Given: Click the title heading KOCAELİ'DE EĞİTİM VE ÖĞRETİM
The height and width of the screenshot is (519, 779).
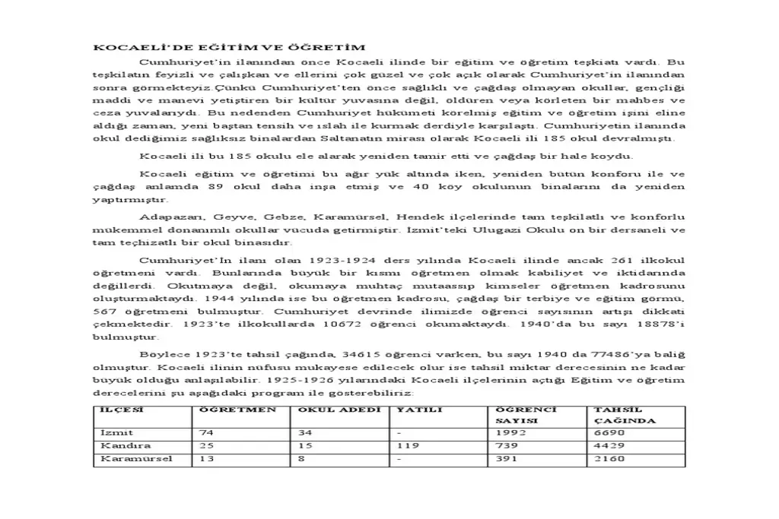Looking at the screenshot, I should (x=229, y=47).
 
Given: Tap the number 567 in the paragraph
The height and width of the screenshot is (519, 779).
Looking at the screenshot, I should (x=103, y=312).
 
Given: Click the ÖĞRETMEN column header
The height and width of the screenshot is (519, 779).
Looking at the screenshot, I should (x=237, y=410).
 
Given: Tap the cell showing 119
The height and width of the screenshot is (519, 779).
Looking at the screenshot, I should (x=408, y=445).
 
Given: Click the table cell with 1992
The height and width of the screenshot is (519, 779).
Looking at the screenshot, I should (x=511, y=432).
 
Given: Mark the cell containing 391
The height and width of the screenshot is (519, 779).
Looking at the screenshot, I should (x=507, y=458).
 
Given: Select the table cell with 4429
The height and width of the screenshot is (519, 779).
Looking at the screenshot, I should (x=609, y=445).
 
